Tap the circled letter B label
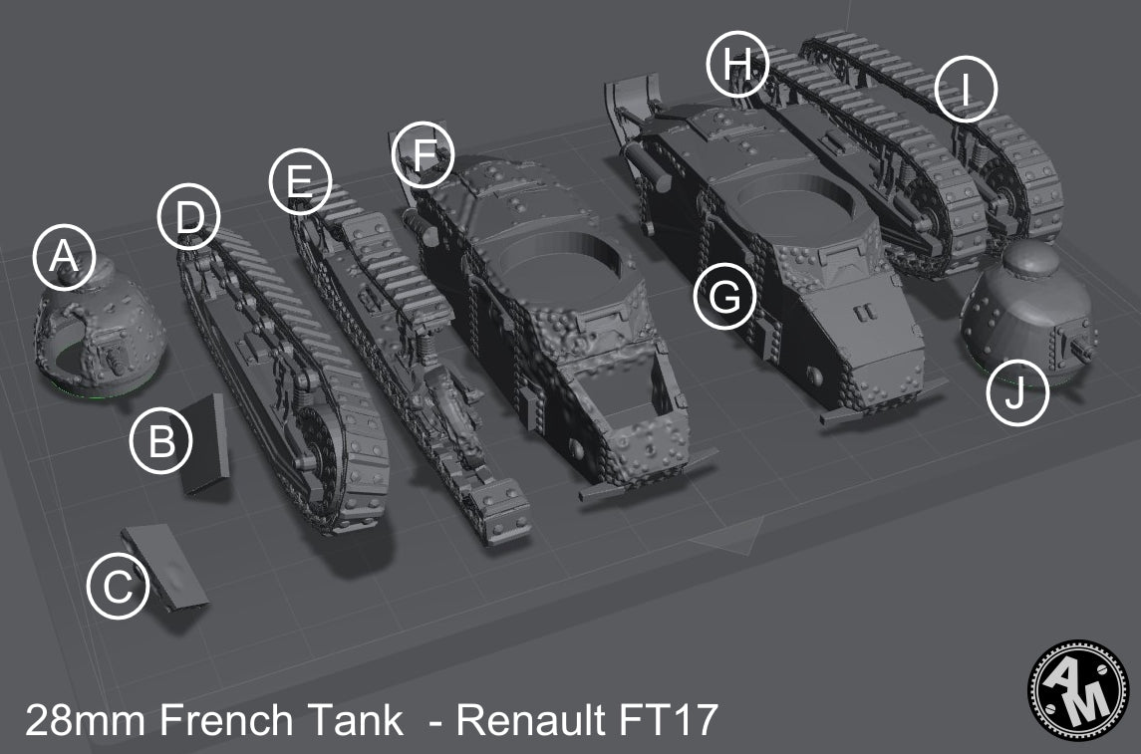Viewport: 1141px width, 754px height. pyautogui.click(x=160, y=441)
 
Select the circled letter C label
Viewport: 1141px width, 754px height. pyautogui.click(x=118, y=587)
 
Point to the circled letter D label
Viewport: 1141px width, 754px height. pyautogui.click(x=189, y=217)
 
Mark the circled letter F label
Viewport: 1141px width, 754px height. pyautogui.click(x=424, y=155)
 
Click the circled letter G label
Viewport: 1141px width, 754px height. pyautogui.click(x=725, y=297)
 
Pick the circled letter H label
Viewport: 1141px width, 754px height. pyautogui.click(x=737, y=65)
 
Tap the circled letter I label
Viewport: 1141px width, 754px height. pyautogui.click(x=966, y=90)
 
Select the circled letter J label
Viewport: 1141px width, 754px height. pyautogui.click(x=1017, y=394)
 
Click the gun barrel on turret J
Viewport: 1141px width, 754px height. pyautogui.click(x=1083, y=350)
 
